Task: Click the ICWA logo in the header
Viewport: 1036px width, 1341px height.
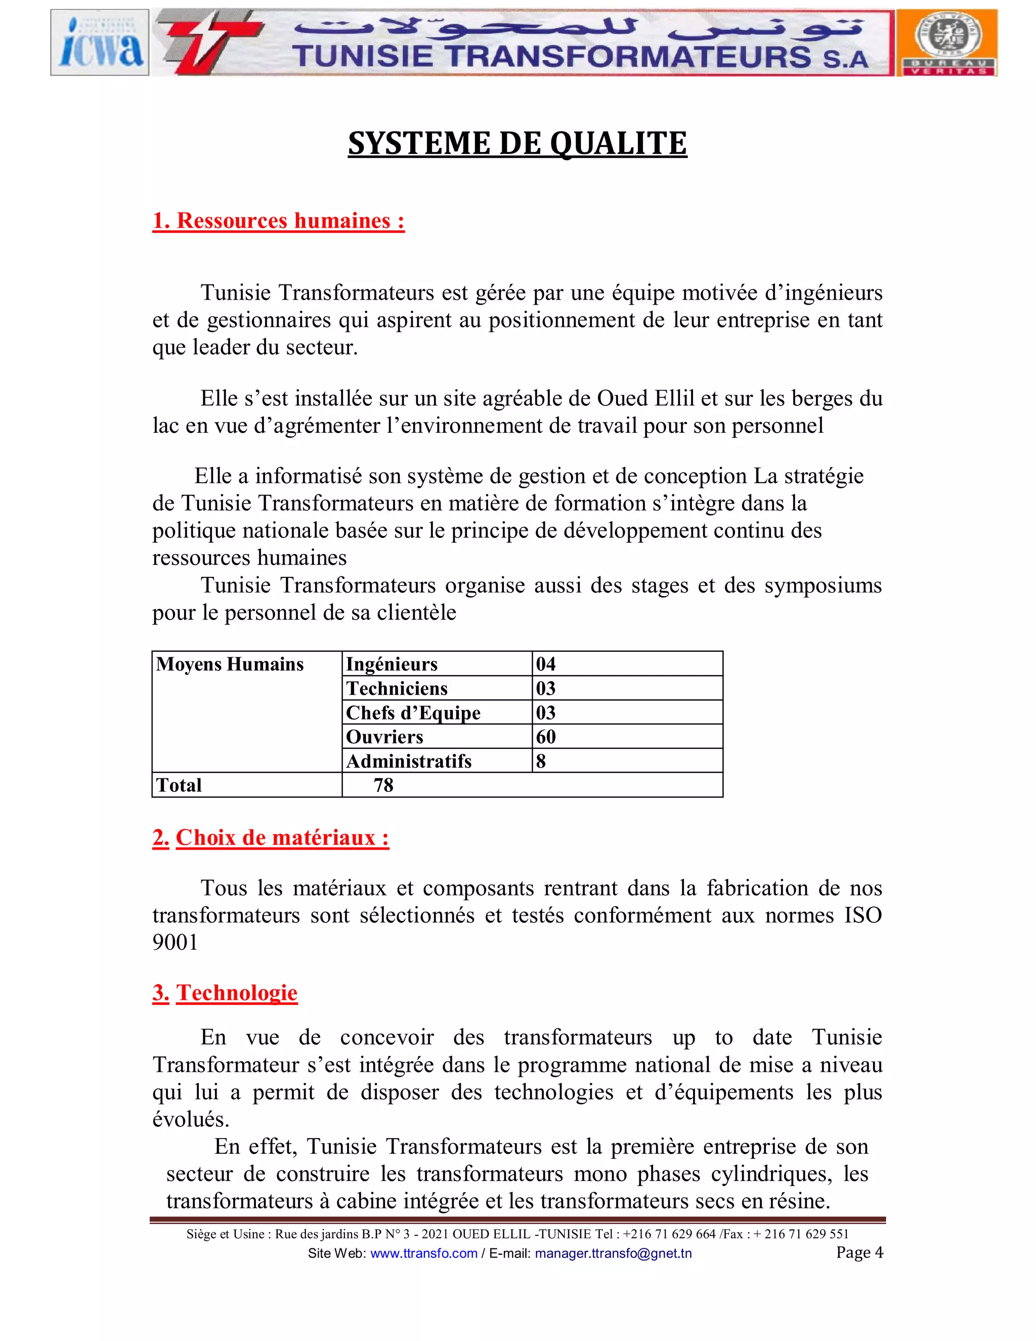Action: [100, 43]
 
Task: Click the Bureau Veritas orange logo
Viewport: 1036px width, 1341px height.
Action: [947, 43]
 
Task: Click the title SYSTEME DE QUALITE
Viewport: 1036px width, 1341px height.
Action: [517, 144]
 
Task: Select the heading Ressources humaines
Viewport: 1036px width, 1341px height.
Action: [279, 221]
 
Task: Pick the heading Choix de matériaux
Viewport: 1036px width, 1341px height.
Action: [271, 837]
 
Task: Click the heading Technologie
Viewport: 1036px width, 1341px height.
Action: [225, 993]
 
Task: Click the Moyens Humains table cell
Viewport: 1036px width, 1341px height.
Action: [230, 664]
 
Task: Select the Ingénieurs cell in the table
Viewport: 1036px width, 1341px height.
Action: [392, 664]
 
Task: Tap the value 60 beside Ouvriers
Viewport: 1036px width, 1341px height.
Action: [546, 737]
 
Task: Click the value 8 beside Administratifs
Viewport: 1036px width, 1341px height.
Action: [541, 762]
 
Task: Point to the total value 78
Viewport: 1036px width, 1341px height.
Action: [383, 785]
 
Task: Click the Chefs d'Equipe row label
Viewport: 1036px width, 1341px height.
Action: [413, 713]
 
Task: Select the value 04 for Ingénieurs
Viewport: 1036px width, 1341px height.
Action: [546, 664]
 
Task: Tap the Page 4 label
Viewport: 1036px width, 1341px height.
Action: [859, 1252]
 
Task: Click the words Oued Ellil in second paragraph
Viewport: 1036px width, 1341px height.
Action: [645, 398]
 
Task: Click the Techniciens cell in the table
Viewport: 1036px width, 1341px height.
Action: [397, 688]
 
